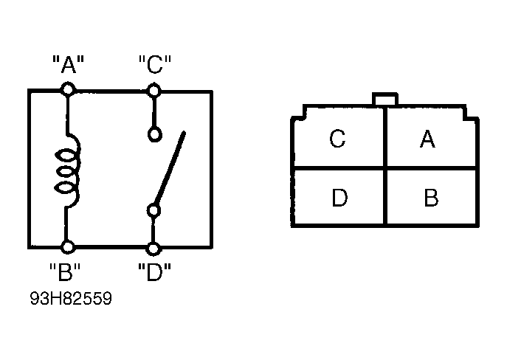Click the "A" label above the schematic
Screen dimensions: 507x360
(x=68, y=64)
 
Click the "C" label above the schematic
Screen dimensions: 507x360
(x=154, y=64)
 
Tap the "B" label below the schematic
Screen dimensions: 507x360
(x=65, y=271)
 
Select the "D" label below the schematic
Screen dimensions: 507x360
(x=154, y=271)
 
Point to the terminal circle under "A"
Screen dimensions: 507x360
(x=68, y=89)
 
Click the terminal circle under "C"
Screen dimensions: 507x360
(x=154, y=90)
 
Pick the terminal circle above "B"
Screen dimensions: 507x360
(x=68, y=247)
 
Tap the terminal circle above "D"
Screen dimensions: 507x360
(x=154, y=249)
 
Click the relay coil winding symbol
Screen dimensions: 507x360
(x=67, y=170)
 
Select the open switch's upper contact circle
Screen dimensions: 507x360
(x=154, y=134)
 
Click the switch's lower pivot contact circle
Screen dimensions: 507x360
(x=154, y=211)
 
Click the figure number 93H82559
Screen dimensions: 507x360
(x=71, y=298)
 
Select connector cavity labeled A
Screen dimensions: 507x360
(x=431, y=138)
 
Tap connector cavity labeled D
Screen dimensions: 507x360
(x=339, y=197)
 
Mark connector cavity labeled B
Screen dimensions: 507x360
(x=431, y=197)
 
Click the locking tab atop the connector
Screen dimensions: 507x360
(x=384, y=99)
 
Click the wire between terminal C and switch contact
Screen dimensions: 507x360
(x=154, y=112)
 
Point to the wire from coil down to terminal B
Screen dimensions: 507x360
(x=66, y=224)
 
